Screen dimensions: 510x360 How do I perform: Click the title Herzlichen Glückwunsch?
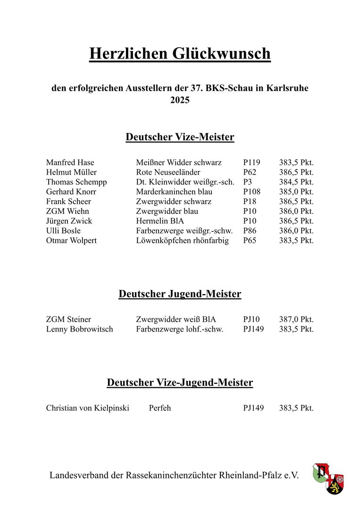click(x=180, y=53)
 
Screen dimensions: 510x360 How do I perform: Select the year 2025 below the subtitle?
click(x=180, y=100)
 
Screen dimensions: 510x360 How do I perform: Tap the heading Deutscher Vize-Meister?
click(x=180, y=137)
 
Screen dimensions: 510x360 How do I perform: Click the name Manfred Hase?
click(x=70, y=162)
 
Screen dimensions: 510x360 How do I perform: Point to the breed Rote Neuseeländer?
click(x=168, y=172)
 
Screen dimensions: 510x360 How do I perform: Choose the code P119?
click(x=251, y=162)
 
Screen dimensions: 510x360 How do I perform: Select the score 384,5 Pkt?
click(x=296, y=182)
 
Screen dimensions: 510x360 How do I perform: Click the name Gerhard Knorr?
click(x=71, y=192)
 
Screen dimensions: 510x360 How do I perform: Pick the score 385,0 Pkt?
click(x=296, y=192)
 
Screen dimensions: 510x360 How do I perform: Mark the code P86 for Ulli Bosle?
click(x=250, y=231)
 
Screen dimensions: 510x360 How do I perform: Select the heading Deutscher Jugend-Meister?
click(x=180, y=294)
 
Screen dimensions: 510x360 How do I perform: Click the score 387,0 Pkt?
click(x=296, y=319)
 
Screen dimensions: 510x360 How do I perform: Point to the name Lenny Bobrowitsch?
click(x=80, y=329)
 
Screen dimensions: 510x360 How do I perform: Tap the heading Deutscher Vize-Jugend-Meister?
click(x=180, y=382)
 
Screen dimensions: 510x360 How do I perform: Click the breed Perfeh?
click(x=160, y=408)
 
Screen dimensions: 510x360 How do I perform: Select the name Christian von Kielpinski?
click(x=88, y=408)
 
